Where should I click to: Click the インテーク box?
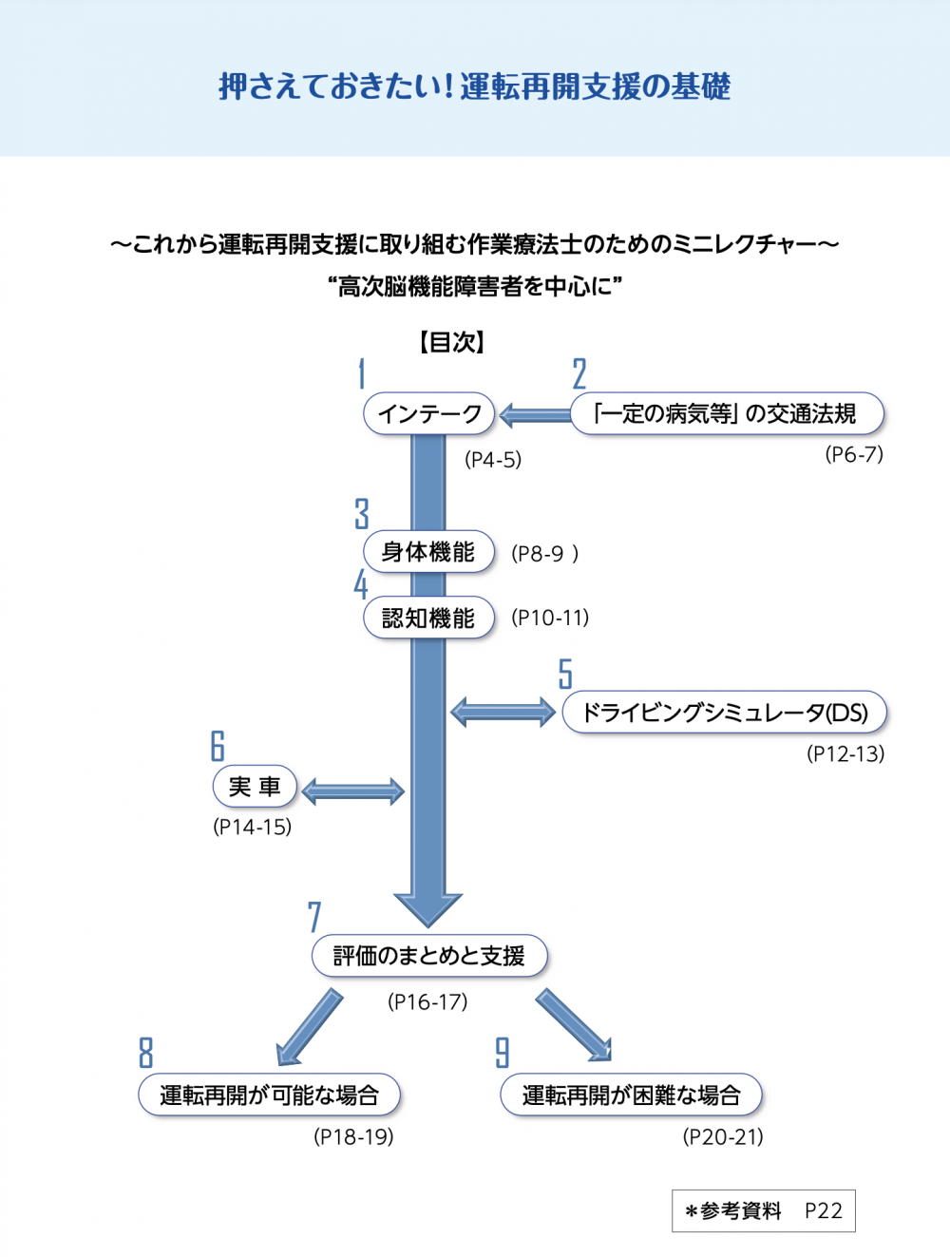(429, 414)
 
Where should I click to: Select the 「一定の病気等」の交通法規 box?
(727, 414)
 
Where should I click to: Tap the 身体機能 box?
(428, 552)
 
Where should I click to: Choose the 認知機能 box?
(428, 619)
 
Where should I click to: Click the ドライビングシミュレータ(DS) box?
(724, 713)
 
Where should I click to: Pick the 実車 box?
(255, 787)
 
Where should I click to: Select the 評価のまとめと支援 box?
(429, 956)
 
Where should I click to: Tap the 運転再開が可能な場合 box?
(269, 1095)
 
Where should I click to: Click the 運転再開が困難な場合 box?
(631, 1095)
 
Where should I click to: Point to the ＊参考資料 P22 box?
(763, 1210)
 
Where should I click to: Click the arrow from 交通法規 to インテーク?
(534, 414)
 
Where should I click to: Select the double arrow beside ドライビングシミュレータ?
(503, 712)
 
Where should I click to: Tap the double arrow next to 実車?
(352, 791)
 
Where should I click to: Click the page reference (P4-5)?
(493, 460)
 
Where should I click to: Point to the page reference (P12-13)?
(845, 754)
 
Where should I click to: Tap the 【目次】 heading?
(452, 342)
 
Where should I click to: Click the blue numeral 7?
(314, 918)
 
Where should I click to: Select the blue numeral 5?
(565, 674)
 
